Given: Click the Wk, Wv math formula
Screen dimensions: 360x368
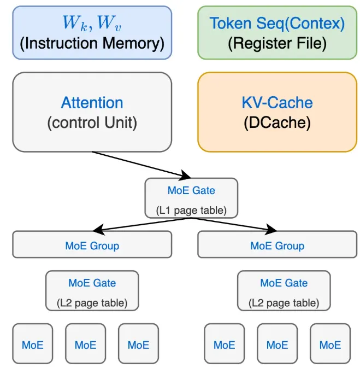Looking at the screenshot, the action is (92, 23).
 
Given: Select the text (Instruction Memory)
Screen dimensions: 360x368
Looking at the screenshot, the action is (92, 44).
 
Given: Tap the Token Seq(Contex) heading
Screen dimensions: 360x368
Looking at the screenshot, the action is (277, 23).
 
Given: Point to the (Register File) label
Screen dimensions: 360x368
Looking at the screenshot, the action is (277, 44).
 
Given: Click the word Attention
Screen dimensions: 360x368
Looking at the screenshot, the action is (92, 103).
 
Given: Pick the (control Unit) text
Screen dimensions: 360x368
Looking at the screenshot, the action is (92, 122).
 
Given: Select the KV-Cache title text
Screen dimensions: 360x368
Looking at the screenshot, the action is (277, 103).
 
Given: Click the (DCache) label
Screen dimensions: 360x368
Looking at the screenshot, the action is (277, 122).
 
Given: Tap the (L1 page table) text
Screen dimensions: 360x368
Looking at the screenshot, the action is (191, 211).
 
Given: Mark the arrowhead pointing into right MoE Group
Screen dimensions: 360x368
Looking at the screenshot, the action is (271, 229).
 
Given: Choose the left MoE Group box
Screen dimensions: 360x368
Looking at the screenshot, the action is (92, 244).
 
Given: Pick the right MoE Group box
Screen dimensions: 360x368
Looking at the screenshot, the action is (277, 244).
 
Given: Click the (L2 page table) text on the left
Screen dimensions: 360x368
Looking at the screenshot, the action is (92, 303).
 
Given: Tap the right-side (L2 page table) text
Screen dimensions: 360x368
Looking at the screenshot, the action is (284, 303).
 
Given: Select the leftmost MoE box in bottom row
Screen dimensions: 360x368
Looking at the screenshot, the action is (33, 343).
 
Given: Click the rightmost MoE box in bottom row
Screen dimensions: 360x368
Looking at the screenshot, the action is (330, 343).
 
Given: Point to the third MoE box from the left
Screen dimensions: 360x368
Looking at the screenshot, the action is (138, 343).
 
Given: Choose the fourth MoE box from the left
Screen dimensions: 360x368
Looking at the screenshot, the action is (224, 343).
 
